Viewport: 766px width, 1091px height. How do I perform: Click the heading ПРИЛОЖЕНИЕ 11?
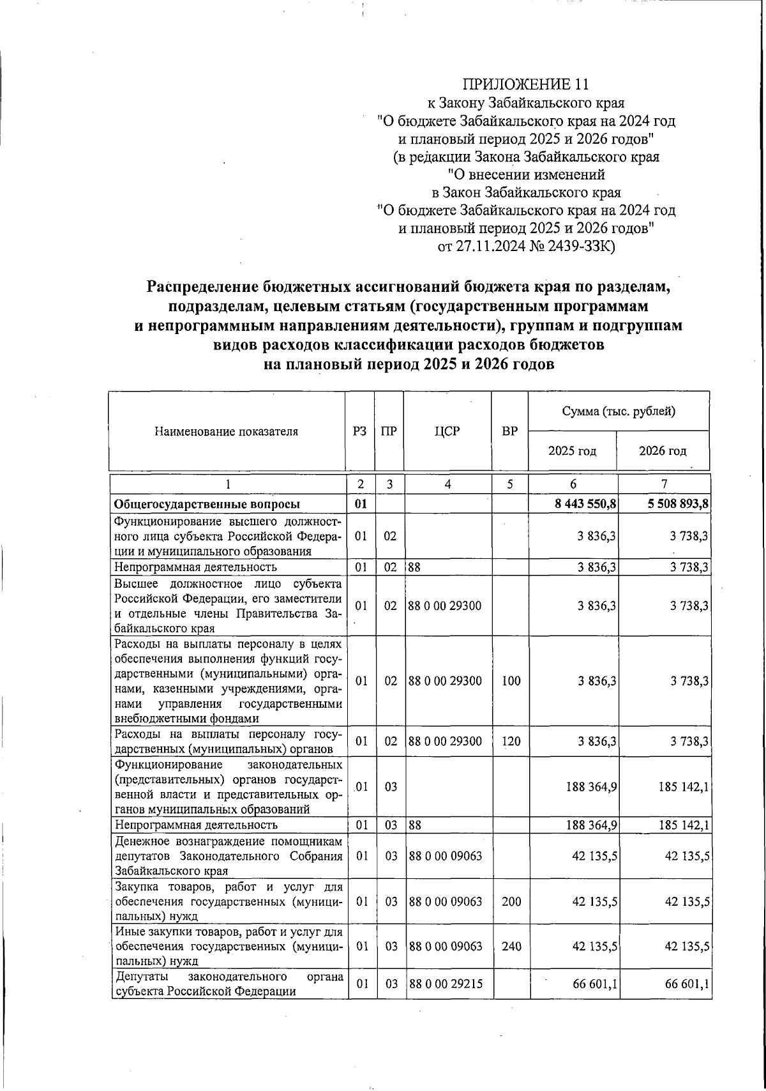click(x=525, y=84)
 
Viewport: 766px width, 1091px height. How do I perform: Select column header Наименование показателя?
click(x=226, y=432)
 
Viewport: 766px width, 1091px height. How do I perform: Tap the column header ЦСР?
click(x=447, y=432)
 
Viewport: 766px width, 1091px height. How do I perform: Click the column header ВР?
click(x=509, y=432)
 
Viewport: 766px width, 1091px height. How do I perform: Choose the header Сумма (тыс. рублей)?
click(x=619, y=411)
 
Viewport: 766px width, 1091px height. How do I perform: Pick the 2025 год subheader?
click(x=572, y=451)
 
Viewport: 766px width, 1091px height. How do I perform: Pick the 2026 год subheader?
click(x=663, y=451)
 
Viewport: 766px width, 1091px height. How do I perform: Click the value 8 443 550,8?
click(x=585, y=505)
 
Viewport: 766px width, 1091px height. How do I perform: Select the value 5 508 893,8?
click(x=677, y=505)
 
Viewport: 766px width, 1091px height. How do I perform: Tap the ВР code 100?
click(x=511, y=681)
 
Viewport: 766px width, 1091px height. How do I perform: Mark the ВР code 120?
click(x=511, y=742)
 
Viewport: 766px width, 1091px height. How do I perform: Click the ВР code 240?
click(x=511, y=946)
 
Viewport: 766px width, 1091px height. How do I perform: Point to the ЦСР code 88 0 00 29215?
click(x=446, y=984)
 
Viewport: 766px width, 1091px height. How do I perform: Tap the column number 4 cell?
click(x=447, y=484)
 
